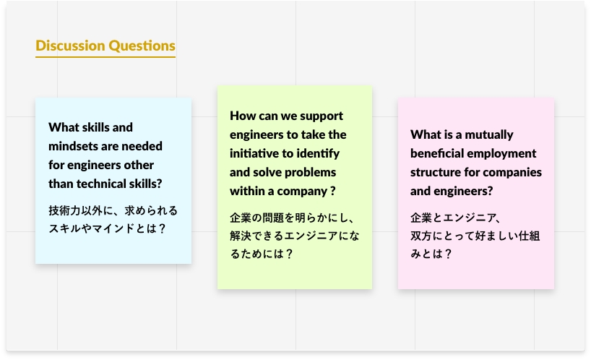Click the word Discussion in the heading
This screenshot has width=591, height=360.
[70, 46]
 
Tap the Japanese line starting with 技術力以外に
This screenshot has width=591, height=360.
[113, 210]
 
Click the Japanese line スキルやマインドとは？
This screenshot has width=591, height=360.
[107, 228]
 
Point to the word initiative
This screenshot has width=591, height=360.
[255, 153]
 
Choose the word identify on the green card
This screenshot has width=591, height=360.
[318, 154]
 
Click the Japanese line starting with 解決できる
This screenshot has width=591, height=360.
[295, 236]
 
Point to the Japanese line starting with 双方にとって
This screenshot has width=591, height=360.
[475, 236]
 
